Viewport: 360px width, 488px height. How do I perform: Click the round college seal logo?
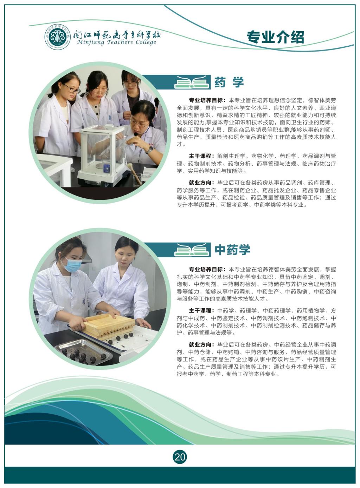tap(58, 37)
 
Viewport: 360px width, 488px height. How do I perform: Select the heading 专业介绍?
tap(275, 37)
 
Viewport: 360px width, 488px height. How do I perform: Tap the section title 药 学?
tap(229, 82)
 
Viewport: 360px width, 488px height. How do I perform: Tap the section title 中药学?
tap(232, 250)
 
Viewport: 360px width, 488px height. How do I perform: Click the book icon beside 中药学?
tap(192, 250)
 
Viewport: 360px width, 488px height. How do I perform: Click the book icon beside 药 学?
tap(192, 82)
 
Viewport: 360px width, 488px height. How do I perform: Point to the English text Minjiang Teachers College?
tap(116, 42)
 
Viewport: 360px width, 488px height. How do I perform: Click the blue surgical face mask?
tap(72, 264)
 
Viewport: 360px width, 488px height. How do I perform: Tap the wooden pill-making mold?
tap(109, 325)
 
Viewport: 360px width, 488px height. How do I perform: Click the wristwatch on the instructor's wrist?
tap(150, 150)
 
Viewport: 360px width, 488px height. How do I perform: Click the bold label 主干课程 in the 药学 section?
tap(200, 156)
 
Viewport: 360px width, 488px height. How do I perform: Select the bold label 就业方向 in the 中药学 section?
tap(200, 345)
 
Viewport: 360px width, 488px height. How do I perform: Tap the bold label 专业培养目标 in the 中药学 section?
tap(206, 270)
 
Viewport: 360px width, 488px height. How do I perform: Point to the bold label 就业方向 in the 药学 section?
tap(200, 183)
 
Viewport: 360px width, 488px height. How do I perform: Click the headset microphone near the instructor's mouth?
tap(136, 134)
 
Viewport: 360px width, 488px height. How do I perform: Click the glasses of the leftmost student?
tap(72, 89)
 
